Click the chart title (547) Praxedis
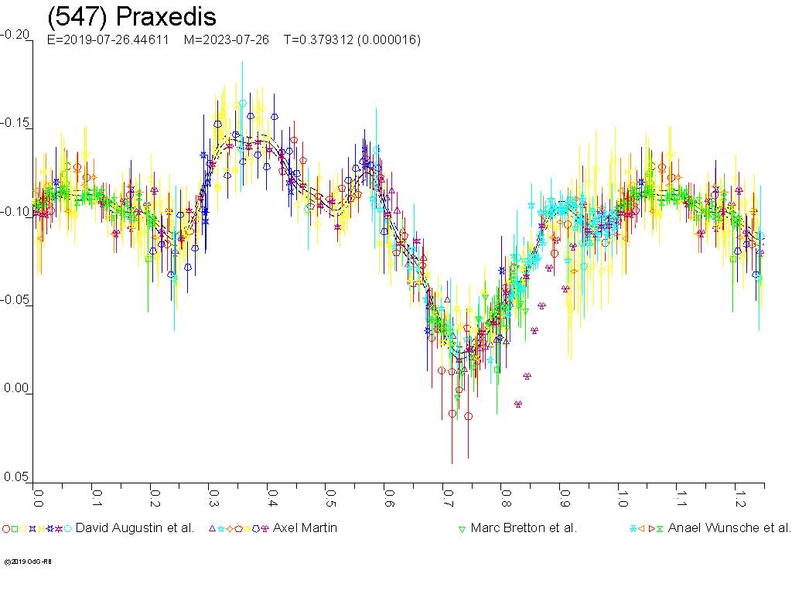click(x=131, y=17)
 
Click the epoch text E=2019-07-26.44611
click(x=108, y=39)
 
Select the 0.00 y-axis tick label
click(x=15, y=389)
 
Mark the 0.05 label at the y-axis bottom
click(x=15, y=477)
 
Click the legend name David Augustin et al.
click(x=135, y=528)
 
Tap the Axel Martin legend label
click(x=305, y=528)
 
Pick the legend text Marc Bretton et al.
click(x=524, y=528)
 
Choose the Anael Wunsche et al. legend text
click(x=729, y=528)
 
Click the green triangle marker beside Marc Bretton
click(x=462, y=529)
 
